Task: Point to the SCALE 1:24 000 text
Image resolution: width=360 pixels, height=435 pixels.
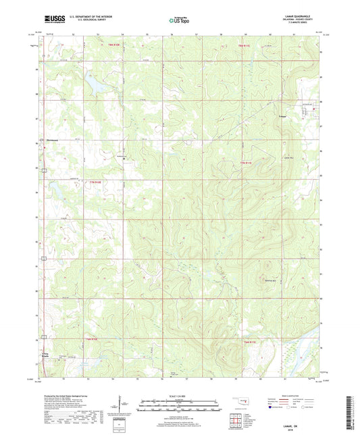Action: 179,396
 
